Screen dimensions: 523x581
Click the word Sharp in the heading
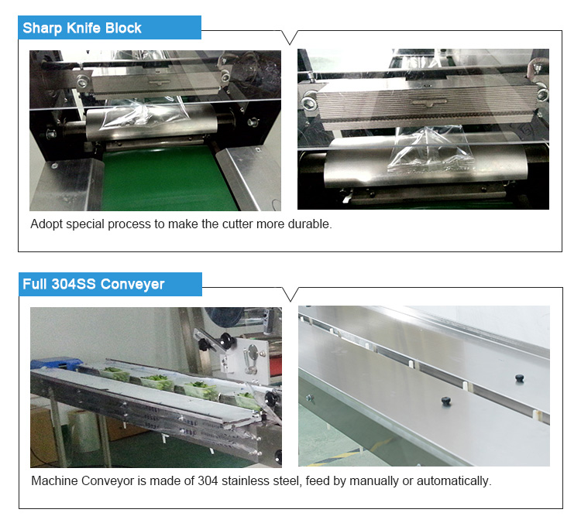[x=42, y=29]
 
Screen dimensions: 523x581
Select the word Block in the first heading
[x=123, y=29]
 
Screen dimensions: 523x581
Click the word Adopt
[x=46, y=224]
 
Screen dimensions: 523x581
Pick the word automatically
[x=452, y=481]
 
